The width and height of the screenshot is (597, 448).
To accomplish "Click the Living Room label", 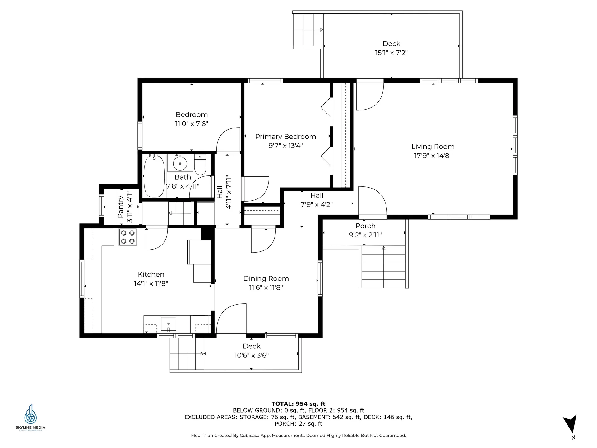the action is coord(433,147).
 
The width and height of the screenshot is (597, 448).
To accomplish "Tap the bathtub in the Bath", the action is coord(154,176).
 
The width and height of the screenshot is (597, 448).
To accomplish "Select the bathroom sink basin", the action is coord(180,163).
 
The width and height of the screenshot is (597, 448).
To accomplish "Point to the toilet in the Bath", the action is coord(200,165).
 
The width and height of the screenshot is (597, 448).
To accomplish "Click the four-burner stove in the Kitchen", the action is coord(127,237).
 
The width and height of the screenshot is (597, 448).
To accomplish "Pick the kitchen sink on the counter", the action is coord(169,324).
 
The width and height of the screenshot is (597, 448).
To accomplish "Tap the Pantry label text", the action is coord(121,207).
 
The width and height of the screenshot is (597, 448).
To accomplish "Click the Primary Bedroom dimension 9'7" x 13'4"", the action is coord(285,146).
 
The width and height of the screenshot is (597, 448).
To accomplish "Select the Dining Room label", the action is coord(266,278).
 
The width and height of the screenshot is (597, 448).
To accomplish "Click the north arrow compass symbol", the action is coord(571,424).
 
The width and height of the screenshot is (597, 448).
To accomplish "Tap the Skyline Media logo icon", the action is coord(30,414).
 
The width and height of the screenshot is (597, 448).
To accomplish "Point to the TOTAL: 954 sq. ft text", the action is coord(298,404).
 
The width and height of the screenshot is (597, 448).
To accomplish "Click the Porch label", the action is coord(365,226).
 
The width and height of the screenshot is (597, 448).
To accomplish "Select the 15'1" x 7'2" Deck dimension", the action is coord(391,53).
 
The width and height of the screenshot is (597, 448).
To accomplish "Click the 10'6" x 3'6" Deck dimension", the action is coord(252,355).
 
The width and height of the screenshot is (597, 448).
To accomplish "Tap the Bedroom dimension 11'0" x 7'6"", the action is coord(192,124).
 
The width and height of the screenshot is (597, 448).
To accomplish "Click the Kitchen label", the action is coord(151,274).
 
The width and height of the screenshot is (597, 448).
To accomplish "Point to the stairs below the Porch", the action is coord(383,267).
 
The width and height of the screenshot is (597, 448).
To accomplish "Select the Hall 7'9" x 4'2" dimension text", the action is coord(317,204).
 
